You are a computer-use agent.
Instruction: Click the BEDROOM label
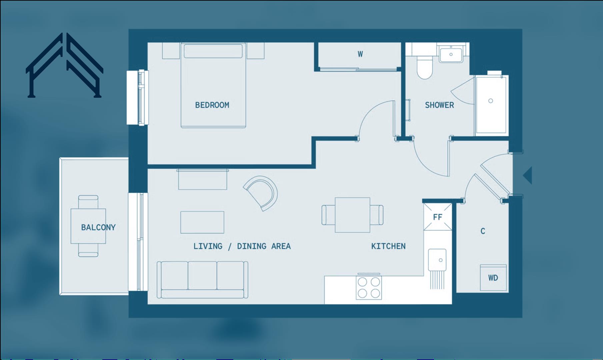click(212, 105)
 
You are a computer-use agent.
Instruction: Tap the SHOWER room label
click(439, 105)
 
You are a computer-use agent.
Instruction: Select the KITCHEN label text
click(388, 246)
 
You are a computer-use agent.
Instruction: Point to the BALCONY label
click(98, 227)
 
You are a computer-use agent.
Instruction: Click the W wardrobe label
click(360, 54)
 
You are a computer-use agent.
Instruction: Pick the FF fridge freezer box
click(437, 217)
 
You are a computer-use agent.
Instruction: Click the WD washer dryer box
click(493, 278)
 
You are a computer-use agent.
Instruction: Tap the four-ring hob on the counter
click(369, 287)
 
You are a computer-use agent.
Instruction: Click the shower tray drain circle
click(490, 101)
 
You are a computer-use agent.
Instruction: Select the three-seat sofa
click(202, 279)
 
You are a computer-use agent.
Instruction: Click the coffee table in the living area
click(202, 222)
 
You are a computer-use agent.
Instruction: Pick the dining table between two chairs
click(352, 215)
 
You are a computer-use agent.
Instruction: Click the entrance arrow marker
click(527, 175)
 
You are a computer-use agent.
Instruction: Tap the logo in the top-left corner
click(64, 65)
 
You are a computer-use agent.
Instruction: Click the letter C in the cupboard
click(483, 231)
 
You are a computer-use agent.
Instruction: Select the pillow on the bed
click(213, 51)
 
